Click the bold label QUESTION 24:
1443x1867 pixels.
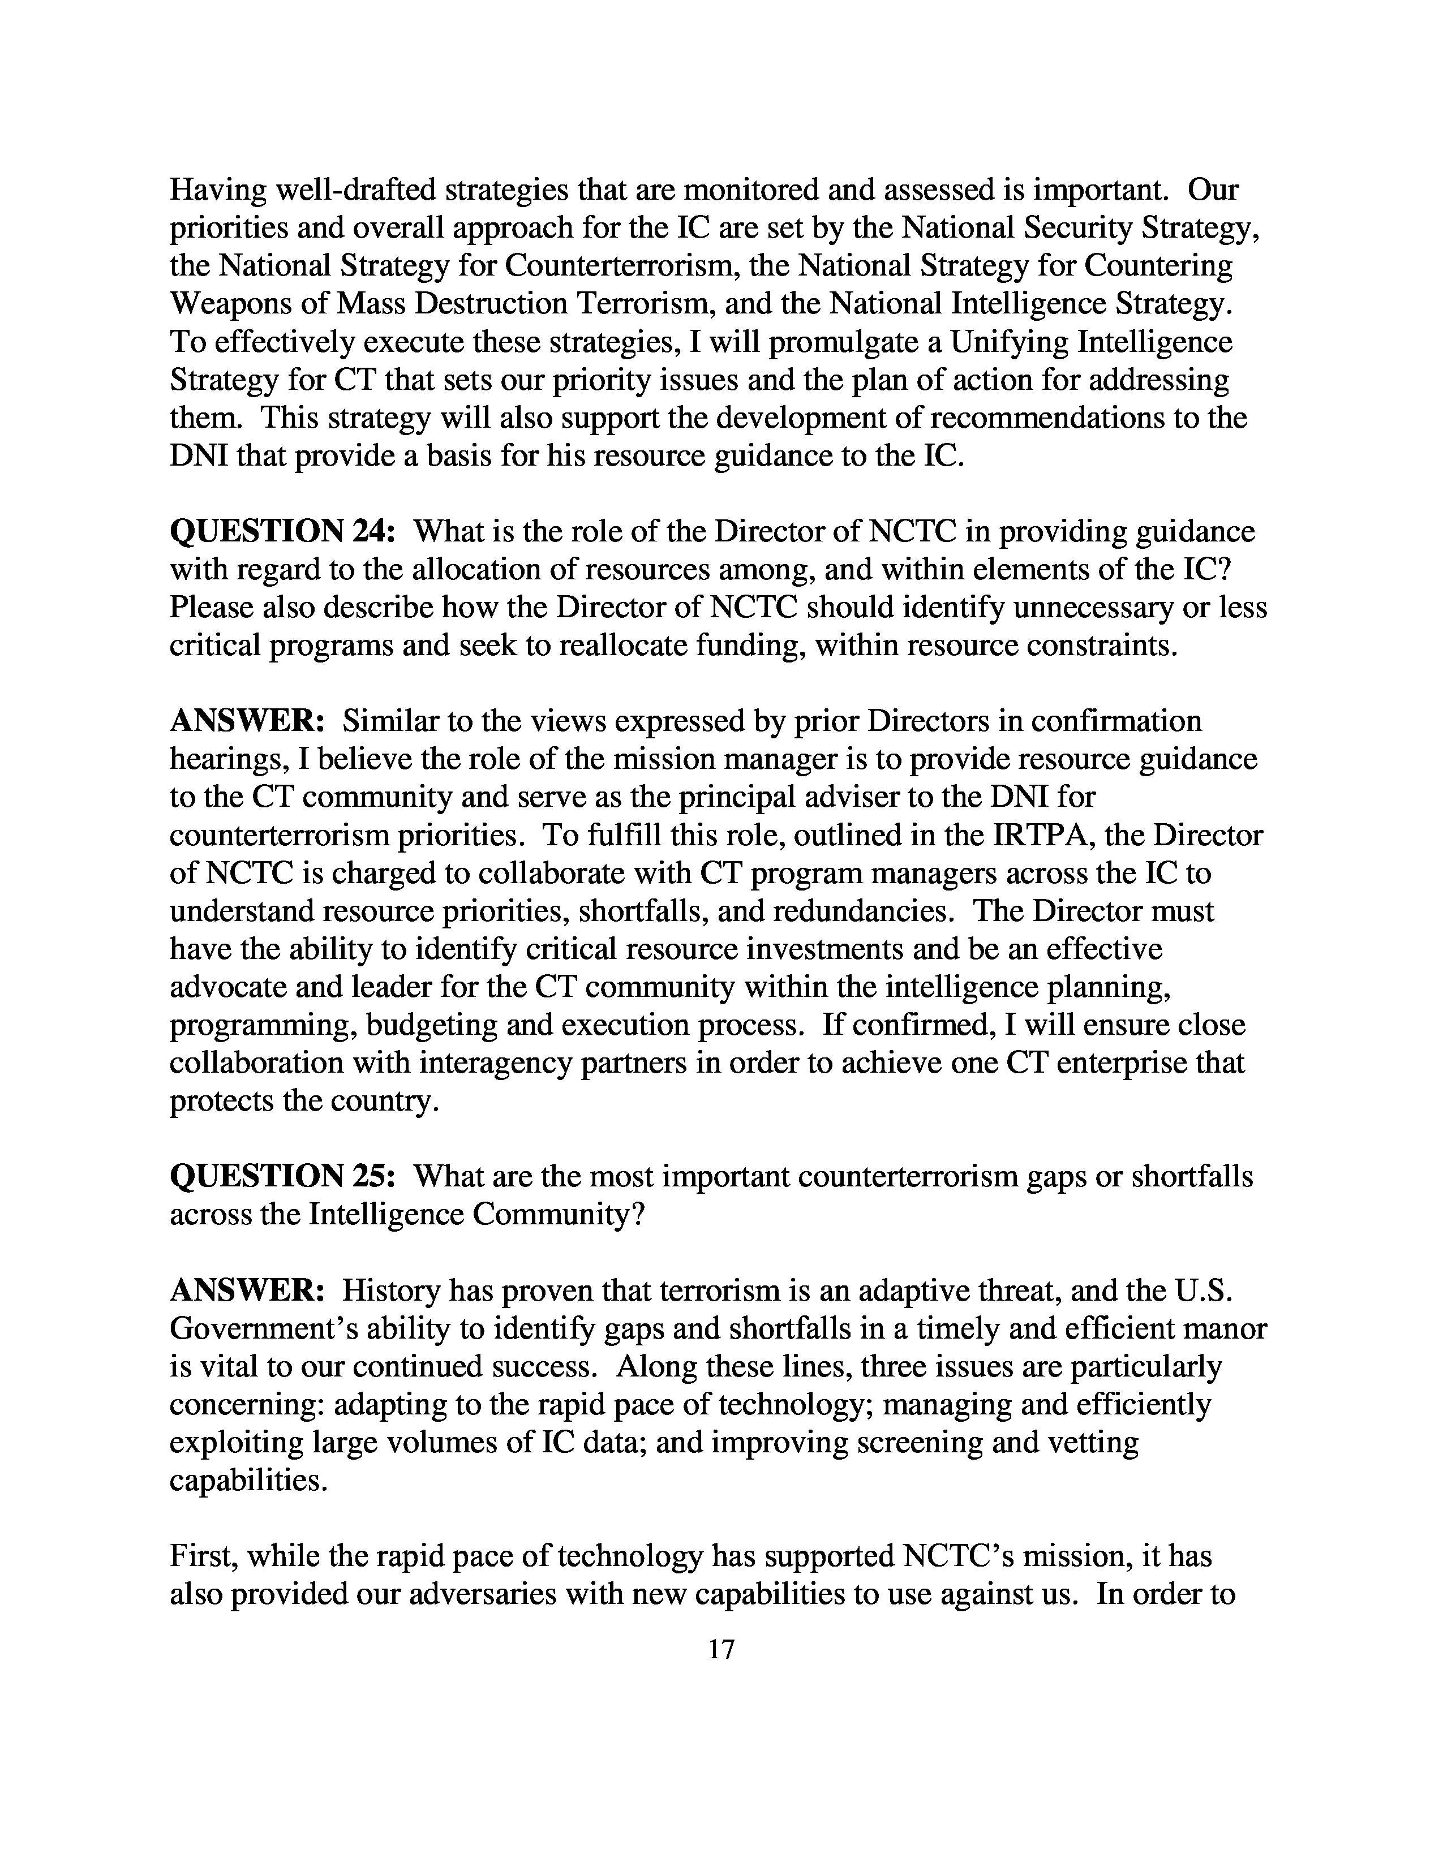[x=282, y=532]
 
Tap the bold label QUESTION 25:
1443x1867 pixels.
[x=282, y=1177]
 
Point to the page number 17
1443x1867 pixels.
[x=721, y=1649]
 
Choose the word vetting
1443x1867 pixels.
[x=1094, y=1443]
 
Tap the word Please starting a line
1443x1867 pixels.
[x=212, y=608]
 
